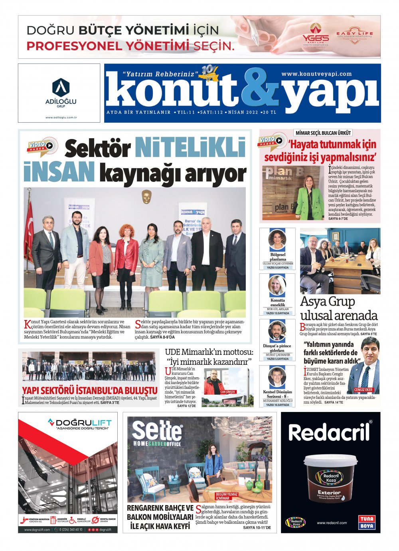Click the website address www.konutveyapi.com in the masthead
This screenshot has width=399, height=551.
click(x=316, y=74)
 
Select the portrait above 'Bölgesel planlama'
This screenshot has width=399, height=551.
click(x=277, y=240)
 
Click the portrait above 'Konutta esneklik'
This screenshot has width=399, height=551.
click(x=277, y=286)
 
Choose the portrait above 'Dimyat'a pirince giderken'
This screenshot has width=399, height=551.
click(x=277, y=332)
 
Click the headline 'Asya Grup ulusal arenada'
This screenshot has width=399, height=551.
click(x=338, y=308)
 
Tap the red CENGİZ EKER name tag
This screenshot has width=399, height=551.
click(x=363, y=390)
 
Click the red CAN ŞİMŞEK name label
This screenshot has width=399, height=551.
click(x=228, y=392)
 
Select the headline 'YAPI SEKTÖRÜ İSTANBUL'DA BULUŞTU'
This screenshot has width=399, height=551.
click(x=90, y=390)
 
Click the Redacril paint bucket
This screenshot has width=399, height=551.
click(x=330, y=477)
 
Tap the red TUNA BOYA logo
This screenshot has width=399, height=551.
click(x=367, y=522)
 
